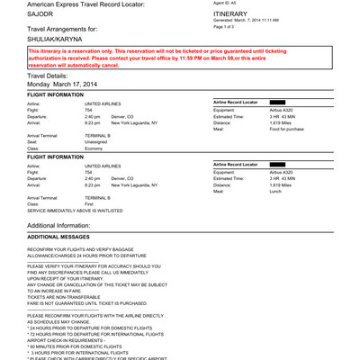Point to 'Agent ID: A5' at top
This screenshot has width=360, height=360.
click(x=224, y=4)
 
